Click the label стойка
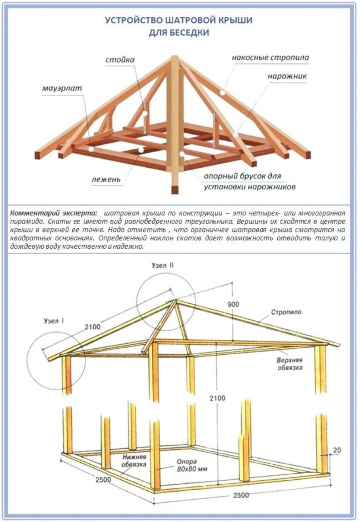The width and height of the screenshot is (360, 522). pos(120,60)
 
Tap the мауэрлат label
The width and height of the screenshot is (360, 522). pos(62,88)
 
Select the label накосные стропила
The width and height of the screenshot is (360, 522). pos(270,58)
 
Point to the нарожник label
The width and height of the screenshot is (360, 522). pos(287,76)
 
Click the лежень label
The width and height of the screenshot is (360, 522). pos(106,179)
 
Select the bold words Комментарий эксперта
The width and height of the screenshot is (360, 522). pos(53,213)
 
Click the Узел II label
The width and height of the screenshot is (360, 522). pos(163,265)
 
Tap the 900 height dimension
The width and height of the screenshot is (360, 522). pos(233,304)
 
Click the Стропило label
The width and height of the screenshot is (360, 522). pos(286,312)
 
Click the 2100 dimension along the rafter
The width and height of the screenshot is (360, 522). pos(92,327)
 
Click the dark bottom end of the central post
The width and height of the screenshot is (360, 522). pos(174,189)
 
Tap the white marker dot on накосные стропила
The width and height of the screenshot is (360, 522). pos(222,92)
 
